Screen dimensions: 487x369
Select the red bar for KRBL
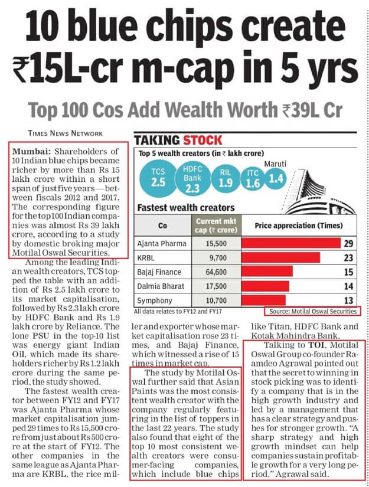tap(283, 257)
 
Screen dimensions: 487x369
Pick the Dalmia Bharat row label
tap(158, 286)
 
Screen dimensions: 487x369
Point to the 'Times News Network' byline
tap(64, 133)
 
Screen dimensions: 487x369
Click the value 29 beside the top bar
tap(351, 243)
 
